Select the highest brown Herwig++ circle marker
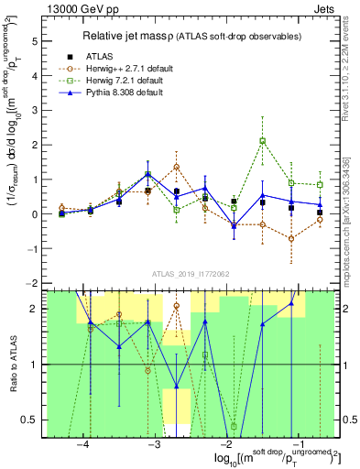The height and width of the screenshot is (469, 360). coord(176,167)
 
